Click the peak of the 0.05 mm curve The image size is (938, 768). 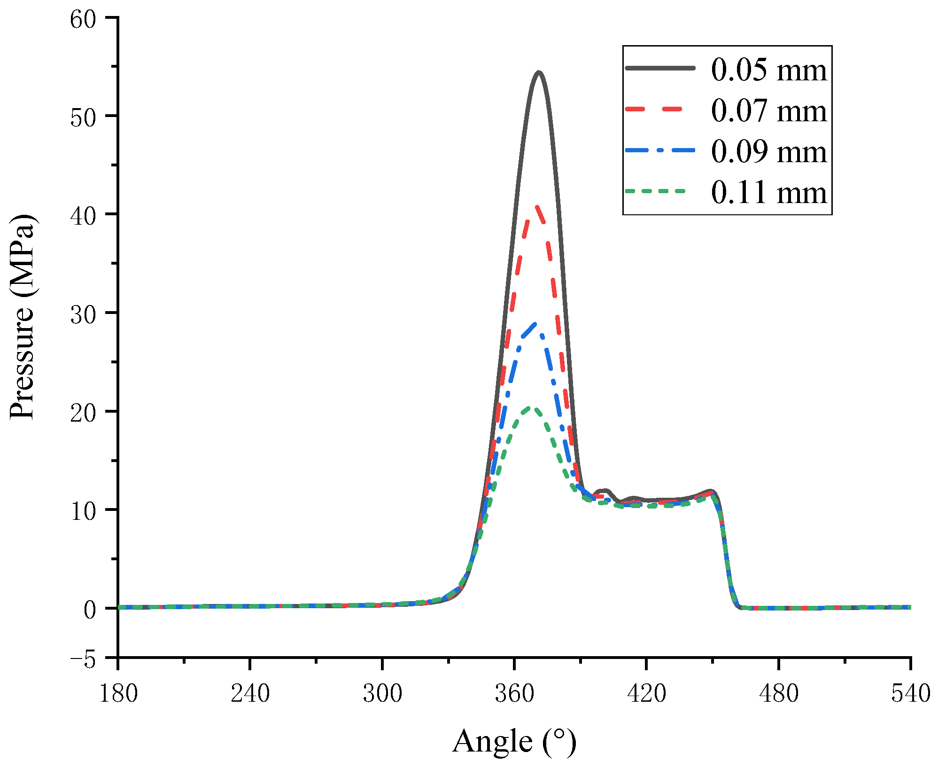[x=538, y=72]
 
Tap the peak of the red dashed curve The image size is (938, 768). [x=536, y=205]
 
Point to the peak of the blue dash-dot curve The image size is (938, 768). [x=535, y=323]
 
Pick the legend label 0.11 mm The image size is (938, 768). [x=768, y=192]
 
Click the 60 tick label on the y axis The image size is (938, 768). [x=83, y=19]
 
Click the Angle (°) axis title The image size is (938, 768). [x=514, y=742]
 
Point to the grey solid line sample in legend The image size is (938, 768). [x=660, y=68]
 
